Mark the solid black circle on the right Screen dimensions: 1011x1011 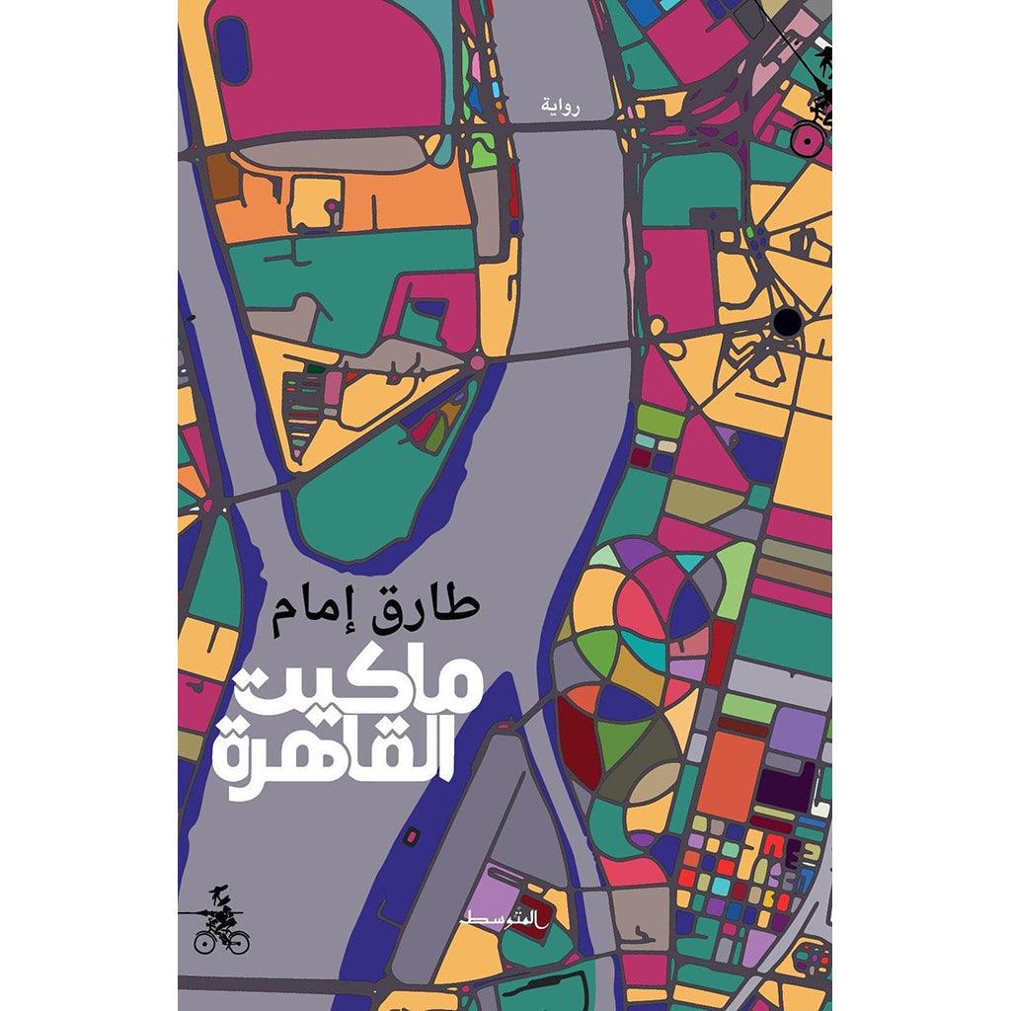point(787,321)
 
